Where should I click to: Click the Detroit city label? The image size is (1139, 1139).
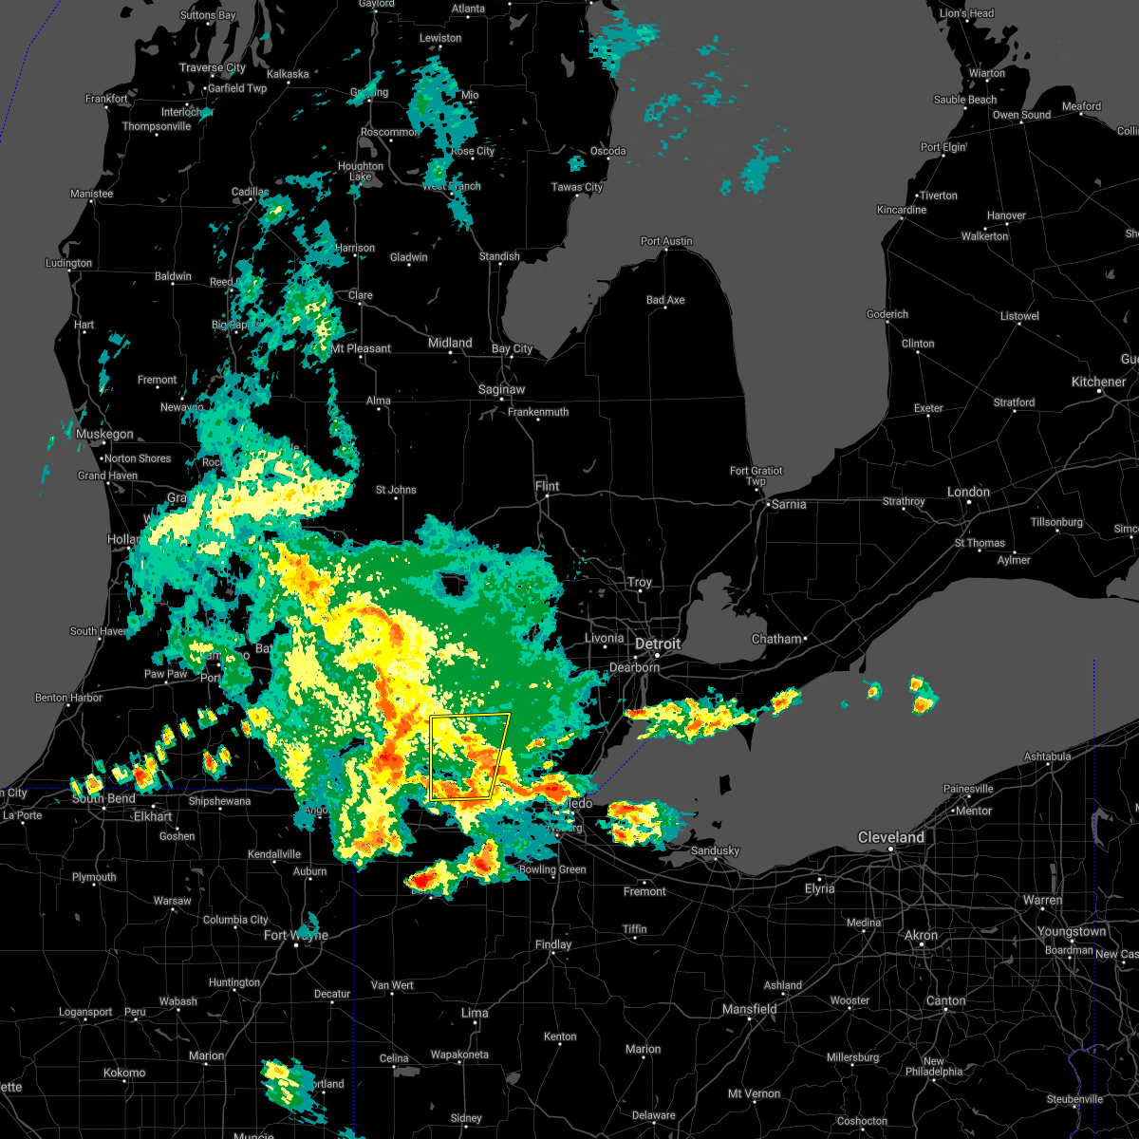point(658,644)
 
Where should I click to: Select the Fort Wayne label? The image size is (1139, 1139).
point(295,935)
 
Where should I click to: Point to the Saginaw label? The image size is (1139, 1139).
point(501,389)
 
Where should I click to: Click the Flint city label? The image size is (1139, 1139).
point(547,486)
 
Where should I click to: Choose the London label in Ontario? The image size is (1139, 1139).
point(968,492)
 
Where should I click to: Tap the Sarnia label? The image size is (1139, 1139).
point(789,504)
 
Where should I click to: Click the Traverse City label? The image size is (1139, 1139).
point(213,67)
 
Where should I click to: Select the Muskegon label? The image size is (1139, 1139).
point(104,434)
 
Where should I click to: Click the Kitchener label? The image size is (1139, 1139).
point(1098,382)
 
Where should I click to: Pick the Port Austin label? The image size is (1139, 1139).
point(666,241)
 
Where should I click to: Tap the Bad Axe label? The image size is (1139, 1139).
point(665,300)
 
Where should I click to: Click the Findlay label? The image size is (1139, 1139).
point(553,944)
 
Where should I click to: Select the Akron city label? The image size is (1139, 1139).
point(921,935)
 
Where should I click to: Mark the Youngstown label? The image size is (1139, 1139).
point(1071,931)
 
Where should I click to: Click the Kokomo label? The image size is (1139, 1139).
point(124,1073)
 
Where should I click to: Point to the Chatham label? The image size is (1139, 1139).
point(776,639)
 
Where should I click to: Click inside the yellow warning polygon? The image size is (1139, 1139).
point(465,755)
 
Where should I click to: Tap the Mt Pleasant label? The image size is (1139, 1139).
point(361,348)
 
